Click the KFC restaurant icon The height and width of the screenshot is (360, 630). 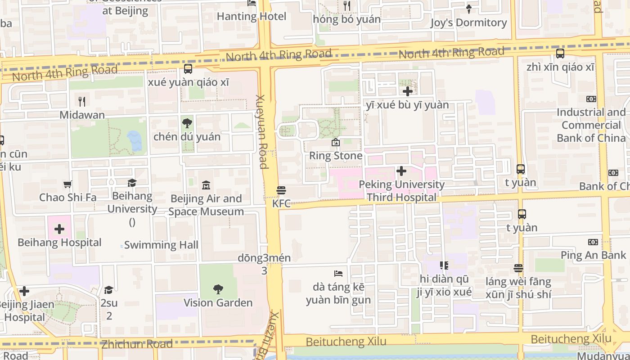[281, 190]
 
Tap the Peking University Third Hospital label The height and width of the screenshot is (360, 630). [401, 191]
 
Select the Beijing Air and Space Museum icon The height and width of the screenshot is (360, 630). [206, 185]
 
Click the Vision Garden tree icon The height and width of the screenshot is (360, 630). [218, 289]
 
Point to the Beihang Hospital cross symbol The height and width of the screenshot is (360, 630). [59, 229]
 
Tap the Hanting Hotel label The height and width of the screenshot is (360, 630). [252, 17]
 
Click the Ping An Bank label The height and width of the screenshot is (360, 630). [593, 255]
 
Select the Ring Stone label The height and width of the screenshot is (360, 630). [336, 156]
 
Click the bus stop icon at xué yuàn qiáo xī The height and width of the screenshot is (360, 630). [188, 69]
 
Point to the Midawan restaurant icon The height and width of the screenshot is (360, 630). [81, 101]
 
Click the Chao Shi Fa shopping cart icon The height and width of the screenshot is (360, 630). [67, 184]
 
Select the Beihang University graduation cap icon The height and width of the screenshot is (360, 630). [132, 183]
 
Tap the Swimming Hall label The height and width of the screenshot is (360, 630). [161, 245]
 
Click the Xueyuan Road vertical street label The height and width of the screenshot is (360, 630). [262, 131]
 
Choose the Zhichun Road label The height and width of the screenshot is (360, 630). [137, 345]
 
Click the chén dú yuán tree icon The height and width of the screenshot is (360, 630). [187, 123]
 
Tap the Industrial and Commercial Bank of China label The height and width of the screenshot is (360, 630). [591, 125]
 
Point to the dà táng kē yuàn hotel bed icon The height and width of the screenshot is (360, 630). [338, 274]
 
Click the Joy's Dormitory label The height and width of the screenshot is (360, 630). [468, 22]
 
